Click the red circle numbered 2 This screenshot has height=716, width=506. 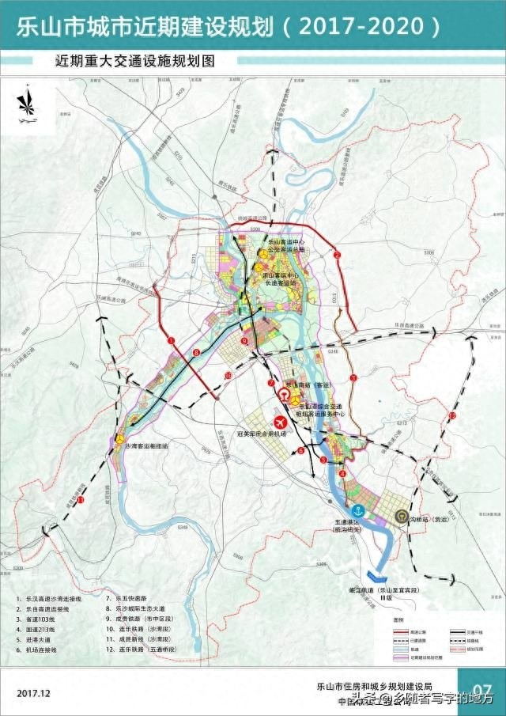pyautogui.click(x=336, y=255)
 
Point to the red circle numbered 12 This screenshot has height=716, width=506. pyautogui.click(x=452, y=415)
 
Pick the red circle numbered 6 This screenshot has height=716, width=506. pyautogui.click(x=300, y=451)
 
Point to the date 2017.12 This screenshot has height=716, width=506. pyautogui.click(x=32, y=692)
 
